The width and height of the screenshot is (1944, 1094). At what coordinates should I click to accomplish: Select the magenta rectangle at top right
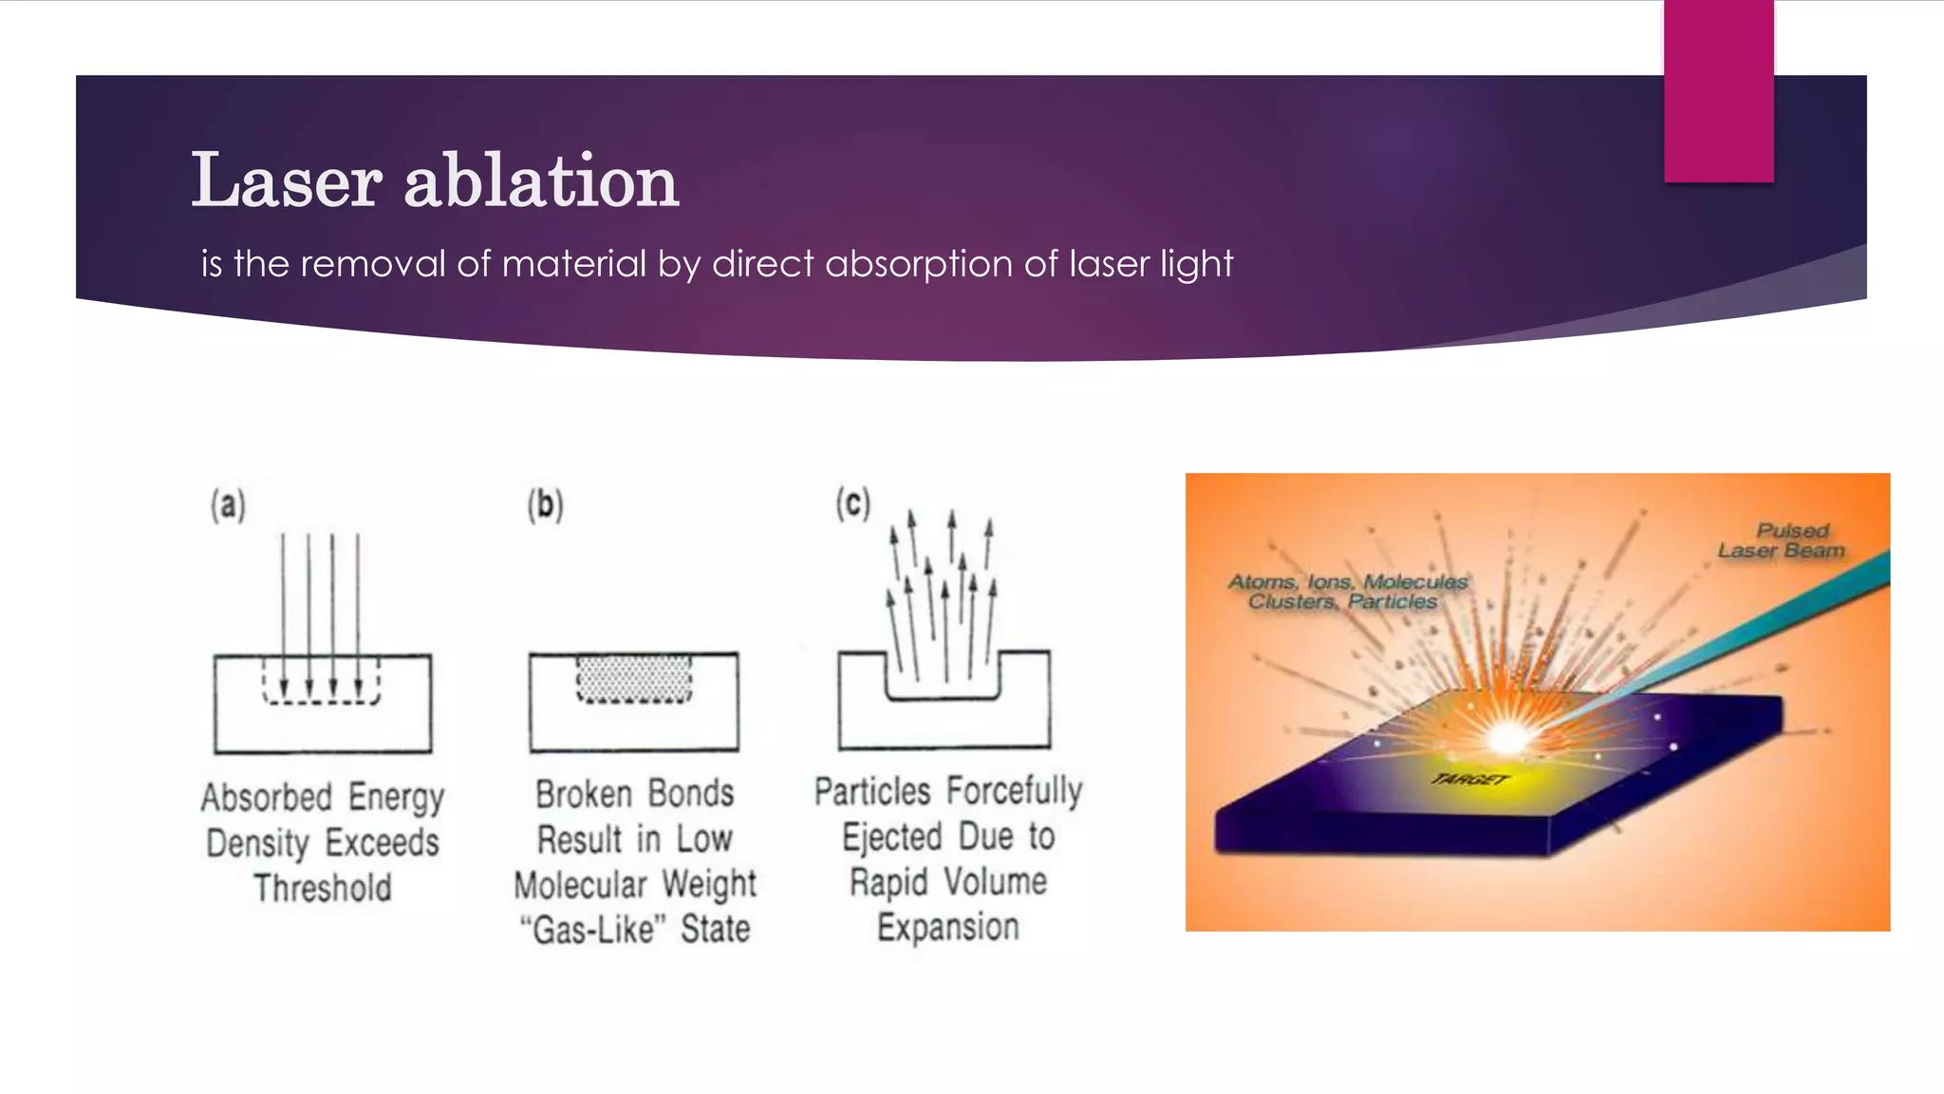1718,90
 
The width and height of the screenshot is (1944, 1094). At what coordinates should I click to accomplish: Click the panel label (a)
228,505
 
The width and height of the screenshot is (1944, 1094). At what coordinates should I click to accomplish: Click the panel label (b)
545,505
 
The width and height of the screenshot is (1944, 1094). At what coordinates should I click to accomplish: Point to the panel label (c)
852,503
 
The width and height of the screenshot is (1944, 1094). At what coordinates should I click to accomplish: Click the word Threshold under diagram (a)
323,888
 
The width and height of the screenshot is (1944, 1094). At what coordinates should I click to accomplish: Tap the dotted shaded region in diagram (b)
634,678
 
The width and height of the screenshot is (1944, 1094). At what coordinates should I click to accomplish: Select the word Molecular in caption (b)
580,884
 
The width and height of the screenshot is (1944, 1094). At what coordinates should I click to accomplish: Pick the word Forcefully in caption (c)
1014,790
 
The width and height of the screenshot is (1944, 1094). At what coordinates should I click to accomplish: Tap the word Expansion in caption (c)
947,927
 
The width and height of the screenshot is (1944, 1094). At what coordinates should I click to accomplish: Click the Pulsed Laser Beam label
1783,540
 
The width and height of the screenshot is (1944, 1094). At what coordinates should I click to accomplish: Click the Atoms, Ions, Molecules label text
1348,581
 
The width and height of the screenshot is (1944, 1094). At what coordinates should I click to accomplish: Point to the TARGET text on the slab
1469,780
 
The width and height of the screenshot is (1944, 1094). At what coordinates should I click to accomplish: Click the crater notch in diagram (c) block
944,680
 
